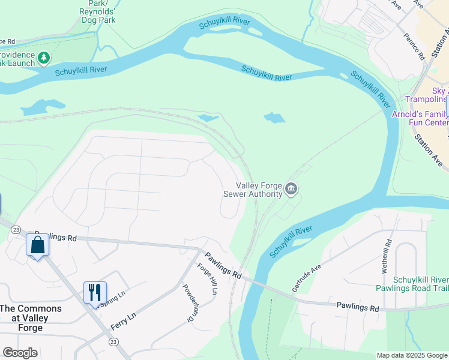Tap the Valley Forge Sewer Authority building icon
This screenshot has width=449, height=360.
[x=291, y=190]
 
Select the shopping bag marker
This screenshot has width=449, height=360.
[x=37, y=245]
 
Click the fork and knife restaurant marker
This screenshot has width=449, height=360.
[x=94, y=292]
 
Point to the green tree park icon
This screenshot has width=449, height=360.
[x=43, y=58]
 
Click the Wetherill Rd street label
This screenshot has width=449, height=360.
[x=387, y=256]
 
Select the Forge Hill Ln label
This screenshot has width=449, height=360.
[x=206, y=280]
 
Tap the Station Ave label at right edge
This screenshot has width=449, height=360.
[x=430, y=150]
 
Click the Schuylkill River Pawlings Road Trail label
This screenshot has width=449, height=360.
[x=420, y=284]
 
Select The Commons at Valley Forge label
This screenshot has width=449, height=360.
[x=30, y=318]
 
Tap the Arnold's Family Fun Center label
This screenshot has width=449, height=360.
[x=420, y=118]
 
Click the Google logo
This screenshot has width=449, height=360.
[x=20, y=353]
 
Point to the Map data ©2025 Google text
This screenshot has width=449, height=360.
[x=411, y=355]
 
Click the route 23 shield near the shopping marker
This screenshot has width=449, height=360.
[x=16, y=229]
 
